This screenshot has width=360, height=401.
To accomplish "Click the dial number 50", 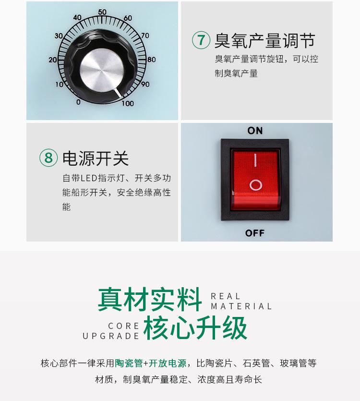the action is [102, 12].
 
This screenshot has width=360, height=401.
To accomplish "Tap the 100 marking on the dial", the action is [128, 103].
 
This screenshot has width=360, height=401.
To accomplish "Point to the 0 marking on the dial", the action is [79, 102].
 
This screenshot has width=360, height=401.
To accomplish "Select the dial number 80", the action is [151, 60].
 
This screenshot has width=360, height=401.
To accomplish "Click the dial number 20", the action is [53, 60].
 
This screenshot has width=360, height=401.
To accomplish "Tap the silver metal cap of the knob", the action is [102, 70].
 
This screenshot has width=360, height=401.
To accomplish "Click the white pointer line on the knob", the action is [118, 93].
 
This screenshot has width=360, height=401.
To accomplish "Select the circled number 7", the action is [201, 40].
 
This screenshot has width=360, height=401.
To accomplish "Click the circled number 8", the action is [48, 158].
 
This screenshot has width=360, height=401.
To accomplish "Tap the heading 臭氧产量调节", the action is [264, 41].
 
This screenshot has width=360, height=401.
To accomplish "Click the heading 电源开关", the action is [96, 158].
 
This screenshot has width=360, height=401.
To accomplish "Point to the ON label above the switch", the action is [255, 131].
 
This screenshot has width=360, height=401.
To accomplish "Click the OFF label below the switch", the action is [255, 233].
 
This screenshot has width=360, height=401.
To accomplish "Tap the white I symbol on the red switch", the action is [255, 160].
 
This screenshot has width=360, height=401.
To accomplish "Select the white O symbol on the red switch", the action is [256, 185].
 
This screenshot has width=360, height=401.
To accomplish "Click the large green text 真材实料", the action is [150, 299].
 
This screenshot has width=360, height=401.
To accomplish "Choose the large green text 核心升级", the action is [195, 328].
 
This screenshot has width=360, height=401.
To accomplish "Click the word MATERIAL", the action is [241, 306].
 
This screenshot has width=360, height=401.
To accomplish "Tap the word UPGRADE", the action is [111, 336].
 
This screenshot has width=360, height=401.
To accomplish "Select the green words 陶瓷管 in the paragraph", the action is [129, 363].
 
